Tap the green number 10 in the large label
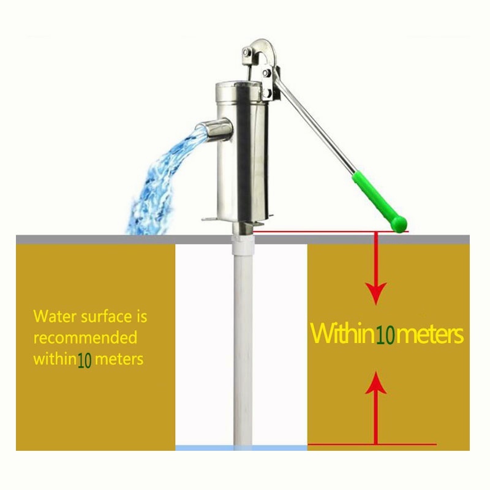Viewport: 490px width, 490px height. tap(385, 336)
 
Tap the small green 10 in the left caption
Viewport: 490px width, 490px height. tap(84, 360)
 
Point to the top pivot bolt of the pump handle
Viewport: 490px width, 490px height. tap(247, 53)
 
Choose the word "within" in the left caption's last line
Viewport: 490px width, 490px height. tap(55, 359)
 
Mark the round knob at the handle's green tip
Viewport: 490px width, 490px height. tap(399, 224)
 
